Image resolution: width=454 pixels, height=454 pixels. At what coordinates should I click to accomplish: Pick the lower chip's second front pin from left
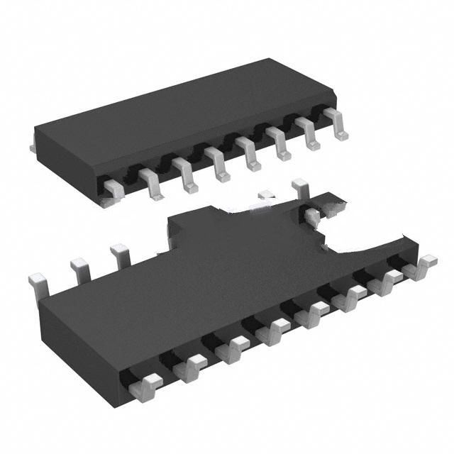click(x=191, y=368)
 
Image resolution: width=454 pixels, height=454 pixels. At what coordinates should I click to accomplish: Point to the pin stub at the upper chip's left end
click(x=33, y=146)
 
